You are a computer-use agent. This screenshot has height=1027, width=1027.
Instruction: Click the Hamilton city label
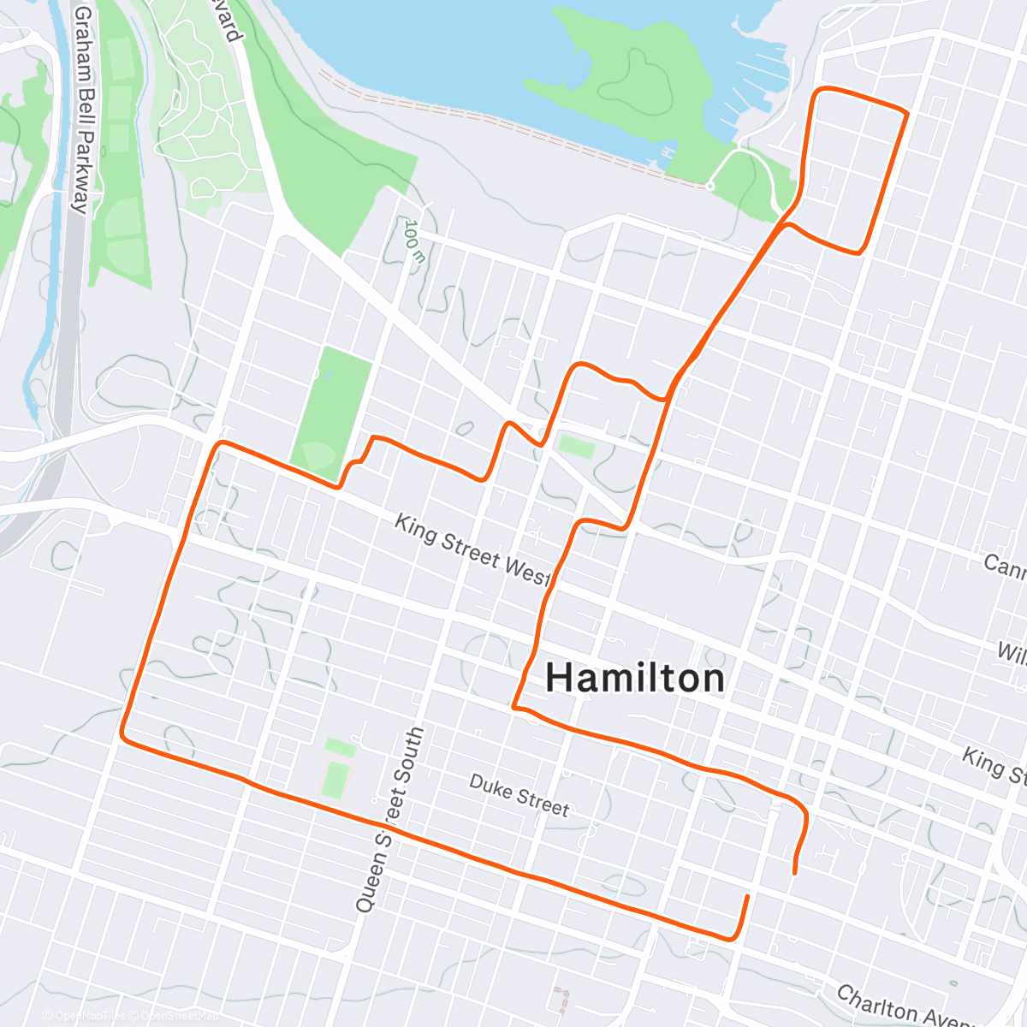(635, 678)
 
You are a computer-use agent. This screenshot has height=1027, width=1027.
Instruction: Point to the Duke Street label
(519, 795)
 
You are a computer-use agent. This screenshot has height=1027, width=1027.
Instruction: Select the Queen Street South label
(389, 819)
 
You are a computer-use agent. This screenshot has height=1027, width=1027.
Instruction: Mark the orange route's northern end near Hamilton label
(796, 872)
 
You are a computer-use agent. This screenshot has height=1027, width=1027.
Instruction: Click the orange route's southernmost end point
(748, 897)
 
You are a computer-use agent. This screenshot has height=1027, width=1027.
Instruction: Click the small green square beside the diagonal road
(576, 446)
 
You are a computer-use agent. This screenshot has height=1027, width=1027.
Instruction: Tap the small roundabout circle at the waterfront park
(709, 186)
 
